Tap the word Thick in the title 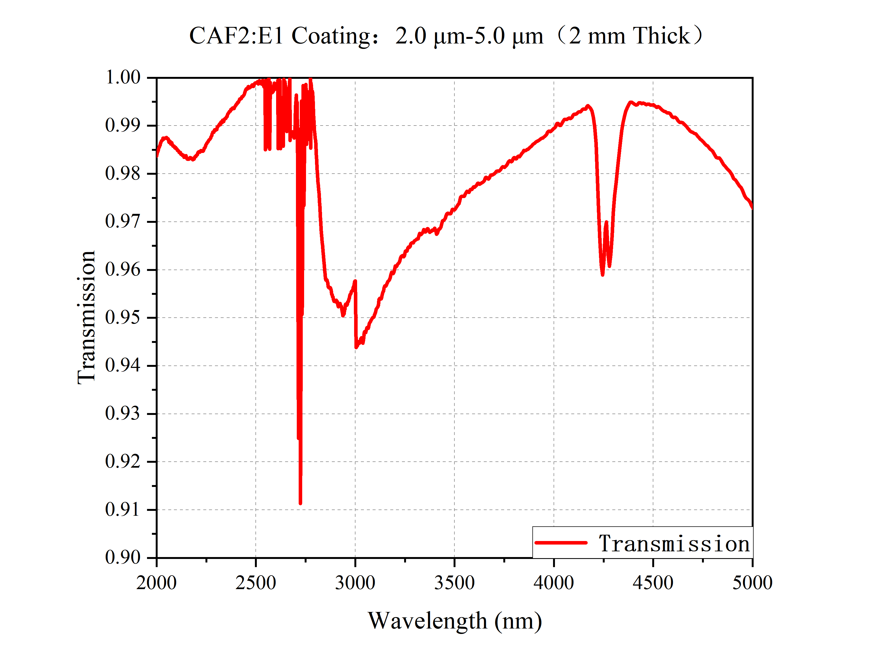click(661, 36)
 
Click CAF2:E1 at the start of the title click(236, 36)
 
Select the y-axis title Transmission click(87, 317)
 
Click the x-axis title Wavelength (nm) click(455, 621)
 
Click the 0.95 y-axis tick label click(123, 318)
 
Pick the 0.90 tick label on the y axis click(123, 558)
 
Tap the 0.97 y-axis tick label click(123, 221)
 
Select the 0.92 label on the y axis click(123, 461)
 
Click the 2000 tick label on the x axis click(157, 583)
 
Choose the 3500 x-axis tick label click(454, 583)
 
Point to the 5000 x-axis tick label click(752, 583)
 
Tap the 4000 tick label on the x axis click(554, 583)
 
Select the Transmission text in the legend click(674, 544)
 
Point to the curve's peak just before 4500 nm click(630, 102)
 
